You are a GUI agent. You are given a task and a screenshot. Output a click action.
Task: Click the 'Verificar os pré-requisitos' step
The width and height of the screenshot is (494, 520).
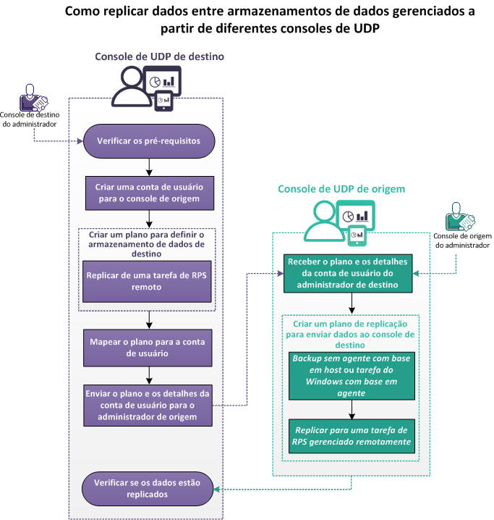click(x=148, y=140)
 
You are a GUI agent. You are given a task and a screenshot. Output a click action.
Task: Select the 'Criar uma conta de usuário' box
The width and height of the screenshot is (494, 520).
click(x=148, y=193)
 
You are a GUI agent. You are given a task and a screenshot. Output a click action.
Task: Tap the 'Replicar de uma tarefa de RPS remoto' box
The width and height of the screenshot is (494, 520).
click(x=148, y=281)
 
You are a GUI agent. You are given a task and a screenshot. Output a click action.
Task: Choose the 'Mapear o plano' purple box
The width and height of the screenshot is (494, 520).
click(x=148, y=348)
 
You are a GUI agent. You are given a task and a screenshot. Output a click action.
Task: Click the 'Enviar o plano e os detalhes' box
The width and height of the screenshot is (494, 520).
click(x=148, y=406)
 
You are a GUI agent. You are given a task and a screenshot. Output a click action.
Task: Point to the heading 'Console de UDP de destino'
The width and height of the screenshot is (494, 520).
click(x=160, y=56)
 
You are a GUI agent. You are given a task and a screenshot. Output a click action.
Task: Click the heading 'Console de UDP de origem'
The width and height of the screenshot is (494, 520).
click(x=341, y=189)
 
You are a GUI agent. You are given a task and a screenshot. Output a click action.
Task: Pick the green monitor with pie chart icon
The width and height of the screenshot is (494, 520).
click(x=357, y=216)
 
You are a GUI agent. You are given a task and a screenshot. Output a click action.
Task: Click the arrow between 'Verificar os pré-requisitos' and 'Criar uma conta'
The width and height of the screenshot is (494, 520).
click(x=148, y=164)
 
